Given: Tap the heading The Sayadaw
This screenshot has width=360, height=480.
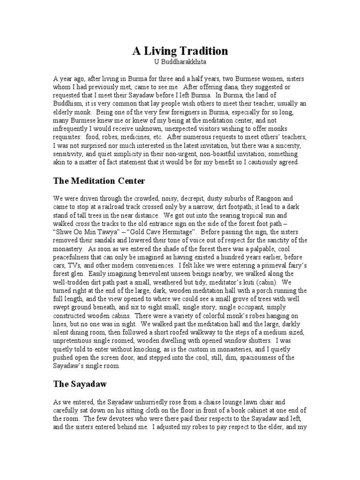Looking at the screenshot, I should click(x=81, y=384).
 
